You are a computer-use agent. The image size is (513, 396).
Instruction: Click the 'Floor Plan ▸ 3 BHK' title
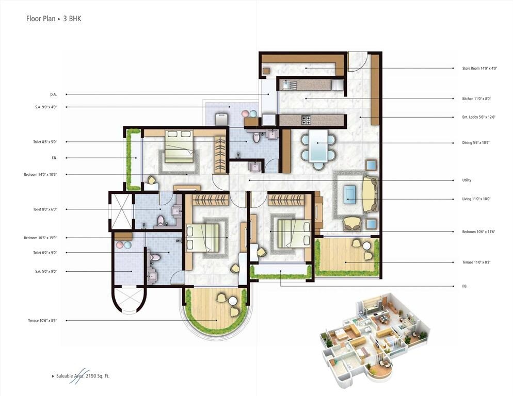54,19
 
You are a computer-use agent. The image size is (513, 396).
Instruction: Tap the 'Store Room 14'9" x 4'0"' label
479,68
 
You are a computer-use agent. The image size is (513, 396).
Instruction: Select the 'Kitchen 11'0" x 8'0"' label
476,98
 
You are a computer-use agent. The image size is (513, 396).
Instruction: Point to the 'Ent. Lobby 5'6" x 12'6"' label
479,117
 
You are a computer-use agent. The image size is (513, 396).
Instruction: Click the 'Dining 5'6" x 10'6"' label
476,143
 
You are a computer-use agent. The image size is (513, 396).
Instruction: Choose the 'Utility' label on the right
467,180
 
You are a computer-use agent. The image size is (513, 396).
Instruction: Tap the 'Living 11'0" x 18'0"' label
476,199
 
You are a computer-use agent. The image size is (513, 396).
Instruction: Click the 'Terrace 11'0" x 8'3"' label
476,262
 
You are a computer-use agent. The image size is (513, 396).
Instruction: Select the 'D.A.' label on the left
53,94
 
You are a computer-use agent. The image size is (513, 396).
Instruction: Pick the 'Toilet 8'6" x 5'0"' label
43,142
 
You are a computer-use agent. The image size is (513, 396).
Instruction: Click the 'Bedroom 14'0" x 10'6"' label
40,175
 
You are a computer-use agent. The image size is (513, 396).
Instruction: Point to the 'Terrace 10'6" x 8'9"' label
42,321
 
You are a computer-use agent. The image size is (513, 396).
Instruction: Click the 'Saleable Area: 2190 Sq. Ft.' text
81,376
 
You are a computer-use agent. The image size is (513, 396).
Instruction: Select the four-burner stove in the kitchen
306,120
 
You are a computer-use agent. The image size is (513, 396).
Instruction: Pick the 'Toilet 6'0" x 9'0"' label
43,253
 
